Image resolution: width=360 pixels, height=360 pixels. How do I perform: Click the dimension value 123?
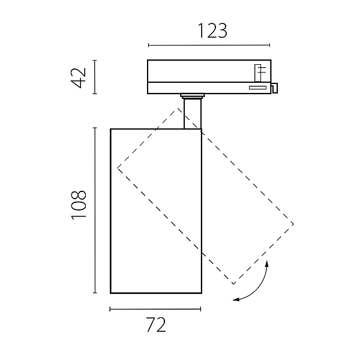[212, 31]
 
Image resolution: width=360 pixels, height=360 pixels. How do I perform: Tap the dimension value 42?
[79, 78]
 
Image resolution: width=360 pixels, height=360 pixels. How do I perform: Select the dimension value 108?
[79, 205]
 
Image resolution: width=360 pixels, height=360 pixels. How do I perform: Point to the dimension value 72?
[156, 325]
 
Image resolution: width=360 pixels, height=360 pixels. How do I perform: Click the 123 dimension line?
[209, 45]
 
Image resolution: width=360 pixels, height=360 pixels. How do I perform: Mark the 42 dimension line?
[95, 77]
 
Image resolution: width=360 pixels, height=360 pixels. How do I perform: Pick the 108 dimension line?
[95, 211]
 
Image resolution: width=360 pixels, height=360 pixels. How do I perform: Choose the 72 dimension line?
[155, 309]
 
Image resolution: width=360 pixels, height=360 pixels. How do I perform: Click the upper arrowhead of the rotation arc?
[267, 263]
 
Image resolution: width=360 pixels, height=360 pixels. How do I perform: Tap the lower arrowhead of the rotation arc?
[236, 299]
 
